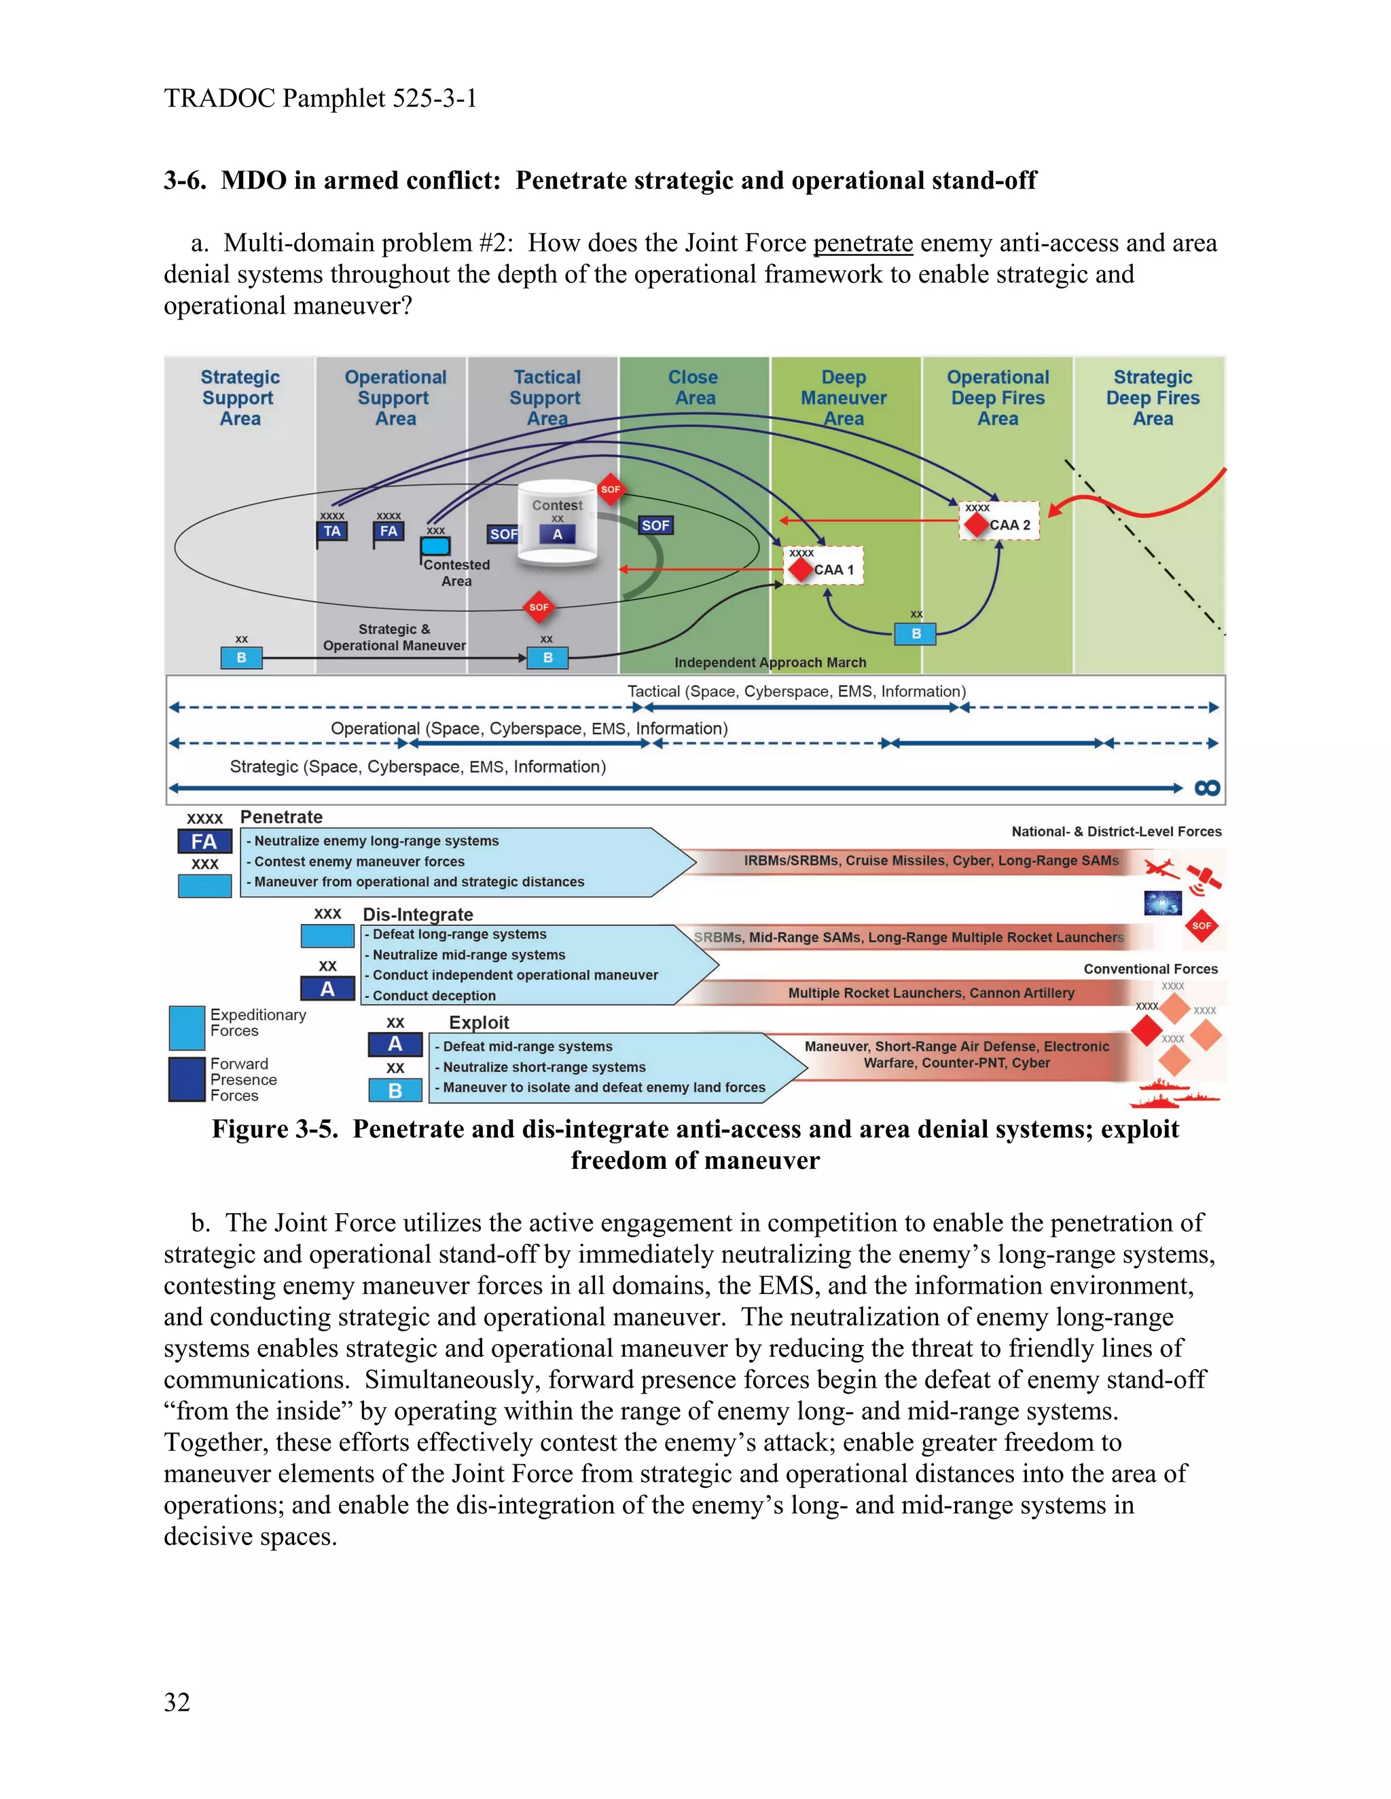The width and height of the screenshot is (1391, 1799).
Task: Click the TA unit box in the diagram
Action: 332,532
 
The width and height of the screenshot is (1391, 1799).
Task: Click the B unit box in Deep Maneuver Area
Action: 916,633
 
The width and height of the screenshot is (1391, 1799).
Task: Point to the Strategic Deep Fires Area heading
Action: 1152,398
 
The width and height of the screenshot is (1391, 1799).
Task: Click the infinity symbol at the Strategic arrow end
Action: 1206,788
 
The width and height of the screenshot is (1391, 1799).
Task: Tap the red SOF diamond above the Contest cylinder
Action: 610,489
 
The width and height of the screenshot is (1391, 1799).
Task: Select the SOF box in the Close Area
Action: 655,525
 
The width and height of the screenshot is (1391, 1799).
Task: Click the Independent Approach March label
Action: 770,663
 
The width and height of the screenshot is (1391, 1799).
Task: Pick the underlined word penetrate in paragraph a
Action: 862,244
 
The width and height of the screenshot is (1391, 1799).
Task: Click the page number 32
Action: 177,1702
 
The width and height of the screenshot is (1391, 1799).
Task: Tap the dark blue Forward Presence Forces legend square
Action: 186,1079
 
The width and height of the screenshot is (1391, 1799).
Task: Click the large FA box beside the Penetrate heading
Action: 204,842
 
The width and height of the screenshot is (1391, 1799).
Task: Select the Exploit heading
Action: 479,1022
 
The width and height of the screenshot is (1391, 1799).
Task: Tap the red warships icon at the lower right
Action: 1174,1093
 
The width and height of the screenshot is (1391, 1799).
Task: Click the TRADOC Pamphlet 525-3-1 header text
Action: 321,99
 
